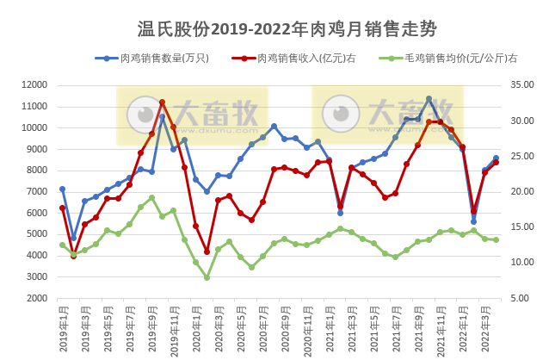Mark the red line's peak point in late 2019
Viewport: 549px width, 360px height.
(162, 102)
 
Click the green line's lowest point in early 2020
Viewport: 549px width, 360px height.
(207, 277)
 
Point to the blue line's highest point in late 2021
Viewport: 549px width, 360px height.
(429, 99)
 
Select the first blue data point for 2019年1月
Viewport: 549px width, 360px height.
(62, 189)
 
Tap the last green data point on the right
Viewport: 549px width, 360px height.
(496, 239)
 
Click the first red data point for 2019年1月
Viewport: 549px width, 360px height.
(62, 208)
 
